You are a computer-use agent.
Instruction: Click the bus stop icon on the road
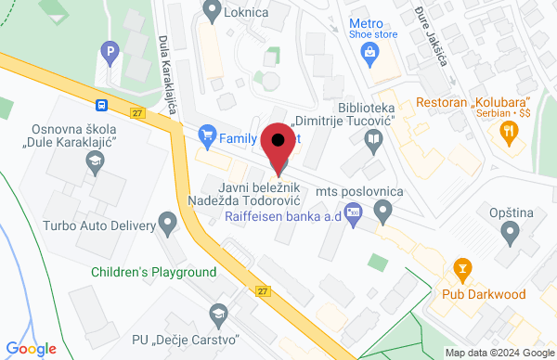pos(100,105)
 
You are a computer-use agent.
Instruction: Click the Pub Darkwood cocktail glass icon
pos(460,270)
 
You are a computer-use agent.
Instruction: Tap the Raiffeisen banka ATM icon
pos(352,216)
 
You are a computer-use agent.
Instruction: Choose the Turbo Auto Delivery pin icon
pos(168,224)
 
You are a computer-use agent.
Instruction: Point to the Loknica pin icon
pos(211,12)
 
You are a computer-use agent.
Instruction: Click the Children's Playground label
pos(154,273)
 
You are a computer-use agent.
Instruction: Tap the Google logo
pos(31,349)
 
